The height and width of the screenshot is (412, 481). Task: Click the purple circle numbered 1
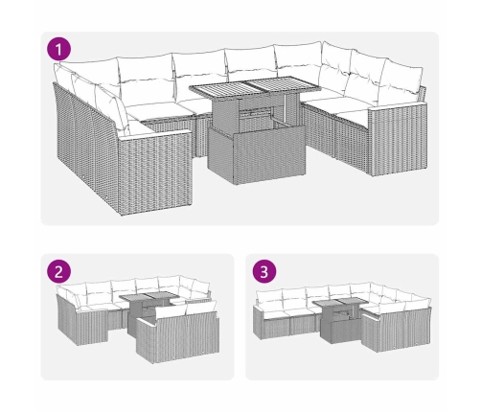[59, 50]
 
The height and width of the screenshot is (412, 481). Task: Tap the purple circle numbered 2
[58, 272]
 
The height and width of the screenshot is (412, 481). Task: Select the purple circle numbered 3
[264, 272]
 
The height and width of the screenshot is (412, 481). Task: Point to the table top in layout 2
[149, 297]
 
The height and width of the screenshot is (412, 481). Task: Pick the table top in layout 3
[339, 302]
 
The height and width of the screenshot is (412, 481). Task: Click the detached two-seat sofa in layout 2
[177, 332]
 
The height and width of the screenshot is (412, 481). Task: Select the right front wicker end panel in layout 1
[398, 141]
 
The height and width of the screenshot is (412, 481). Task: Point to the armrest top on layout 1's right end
[398, 106]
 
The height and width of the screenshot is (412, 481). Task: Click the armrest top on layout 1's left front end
[154, 135]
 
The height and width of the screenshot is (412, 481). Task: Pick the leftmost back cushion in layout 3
[268, 297]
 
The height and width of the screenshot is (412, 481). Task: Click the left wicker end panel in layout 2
[67, 319]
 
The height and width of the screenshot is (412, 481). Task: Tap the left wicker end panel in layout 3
[259, 322]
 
